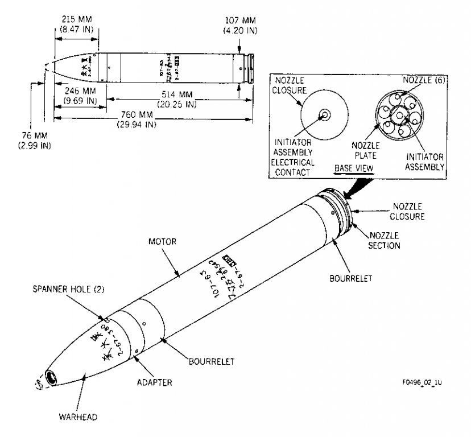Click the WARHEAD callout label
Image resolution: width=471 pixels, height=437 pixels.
click(77, 417)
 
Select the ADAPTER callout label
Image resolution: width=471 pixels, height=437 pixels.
click(154, 382)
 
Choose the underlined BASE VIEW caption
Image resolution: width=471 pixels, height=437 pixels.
click(353, 167)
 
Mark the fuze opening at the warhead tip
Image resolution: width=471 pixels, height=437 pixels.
click(53, 378)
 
